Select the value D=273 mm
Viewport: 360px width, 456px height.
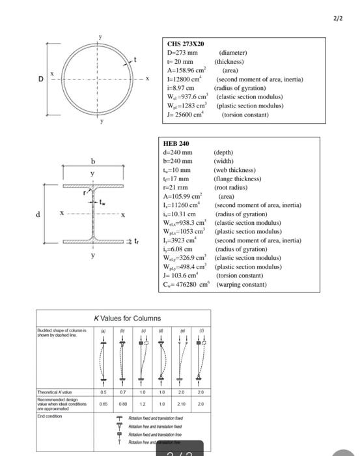pyautogui.click(x=182, y=53)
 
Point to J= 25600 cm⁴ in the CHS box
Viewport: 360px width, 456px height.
pyautogui.click(x=187, y=113)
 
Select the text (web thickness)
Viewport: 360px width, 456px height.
pyautogui.click(x=238, y=169)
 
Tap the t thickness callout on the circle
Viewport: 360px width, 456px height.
pyautogui.click(x=135, y=61)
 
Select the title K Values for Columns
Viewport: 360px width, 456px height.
pyautogui.click(x=128, y=318)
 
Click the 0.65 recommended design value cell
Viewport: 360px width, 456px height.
pyautogui.click(x=102, y=404)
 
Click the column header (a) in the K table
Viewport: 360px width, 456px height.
pyautogui.click(x=102, y=331)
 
